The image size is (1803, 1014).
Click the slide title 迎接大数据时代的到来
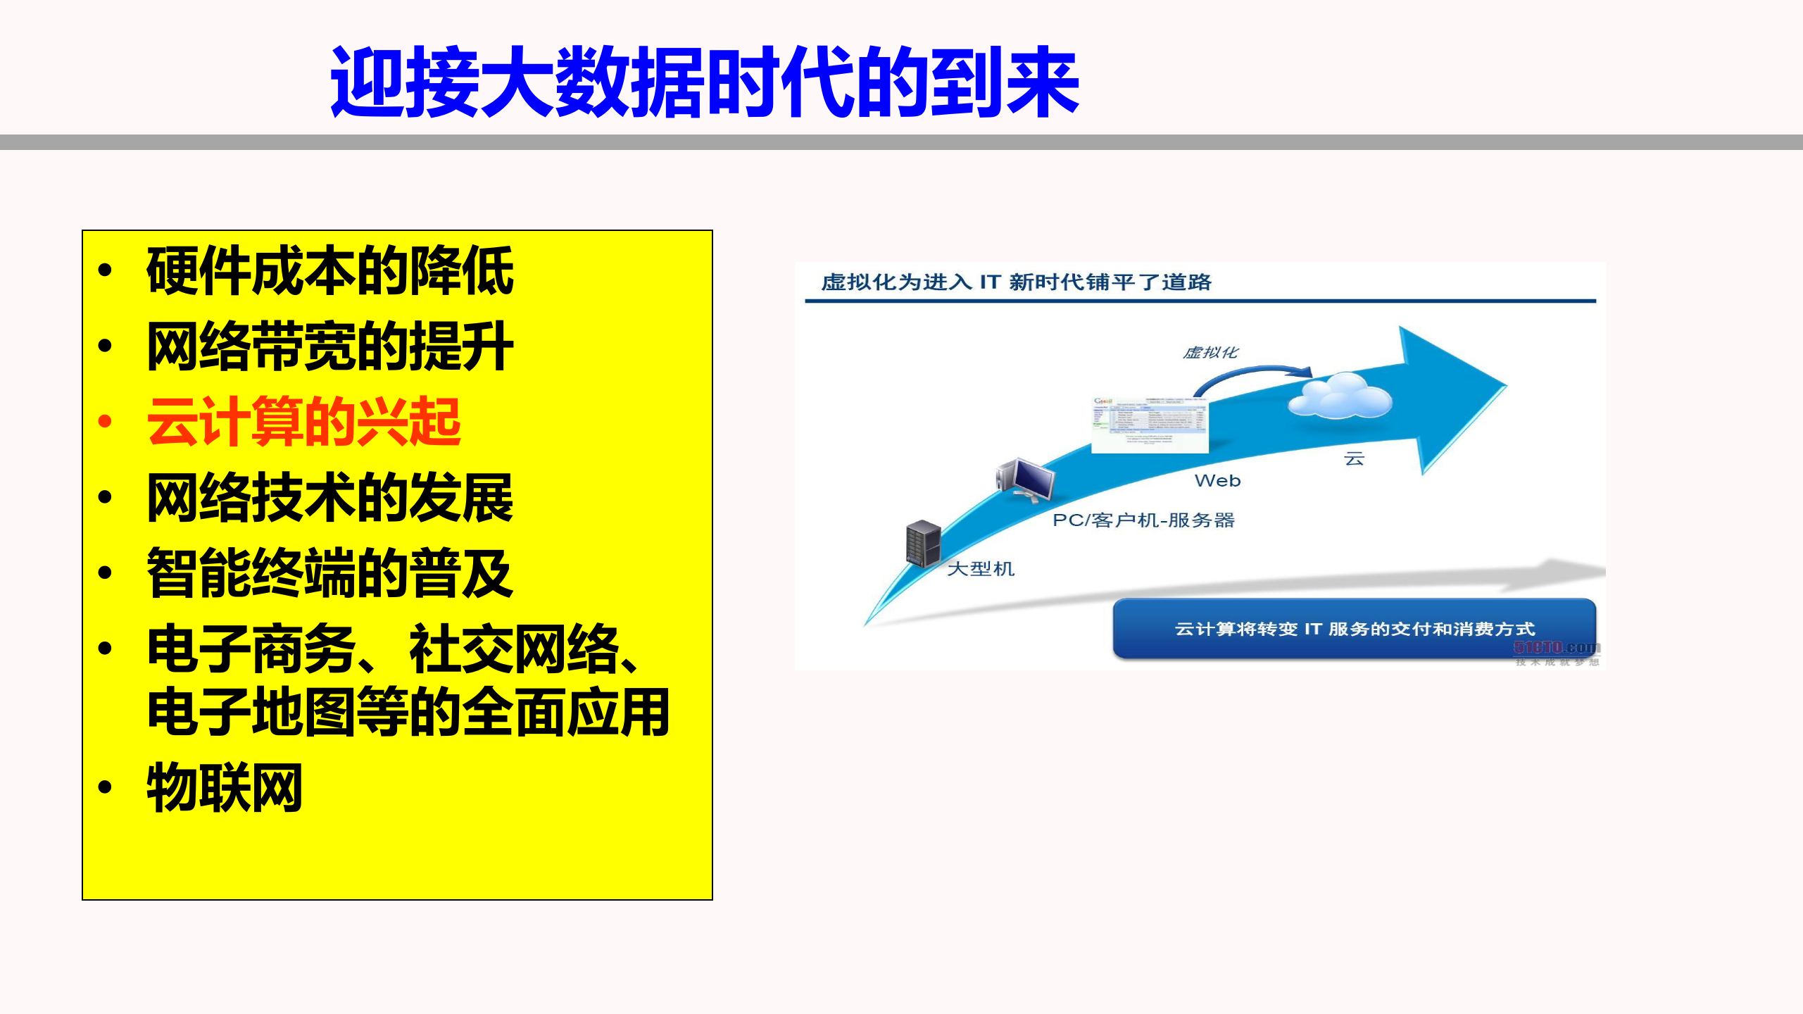point(704,82)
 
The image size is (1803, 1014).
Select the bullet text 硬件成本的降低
point(329,272)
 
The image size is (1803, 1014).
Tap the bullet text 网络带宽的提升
point(329,347)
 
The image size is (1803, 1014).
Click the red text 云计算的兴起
point(303,423)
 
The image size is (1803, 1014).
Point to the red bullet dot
point(106,422)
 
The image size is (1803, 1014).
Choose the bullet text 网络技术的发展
point(329,499)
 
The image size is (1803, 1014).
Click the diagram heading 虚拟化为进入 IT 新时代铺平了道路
point(1015,282)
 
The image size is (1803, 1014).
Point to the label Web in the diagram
point(1217,481)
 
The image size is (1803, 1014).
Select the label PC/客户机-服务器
point(1143,520)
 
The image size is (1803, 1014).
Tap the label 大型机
point(981,569)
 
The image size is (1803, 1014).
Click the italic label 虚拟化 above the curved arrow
point(1210,352)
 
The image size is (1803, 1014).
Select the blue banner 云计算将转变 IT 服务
point(1353,628)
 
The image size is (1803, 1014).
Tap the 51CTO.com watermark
point(1557,649)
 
